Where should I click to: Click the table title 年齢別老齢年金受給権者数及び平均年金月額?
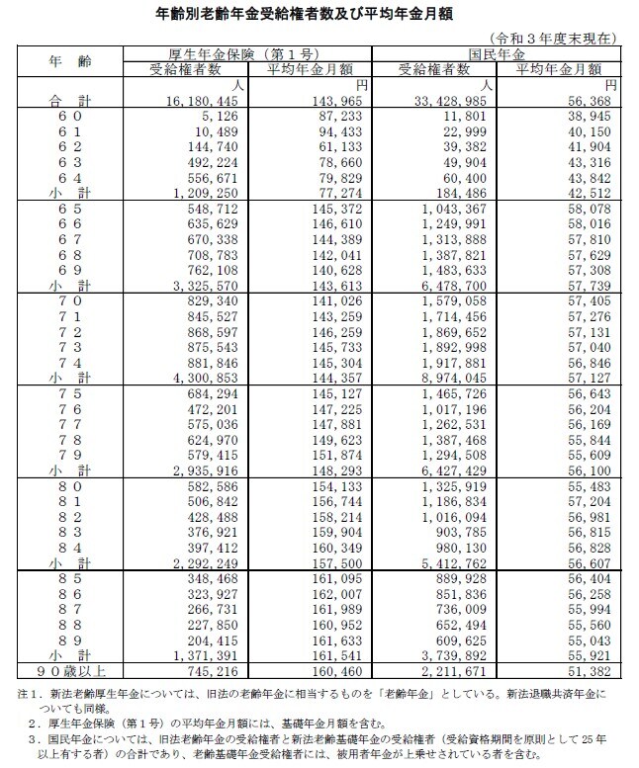(319, 14)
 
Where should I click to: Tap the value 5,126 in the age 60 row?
(219, 115)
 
